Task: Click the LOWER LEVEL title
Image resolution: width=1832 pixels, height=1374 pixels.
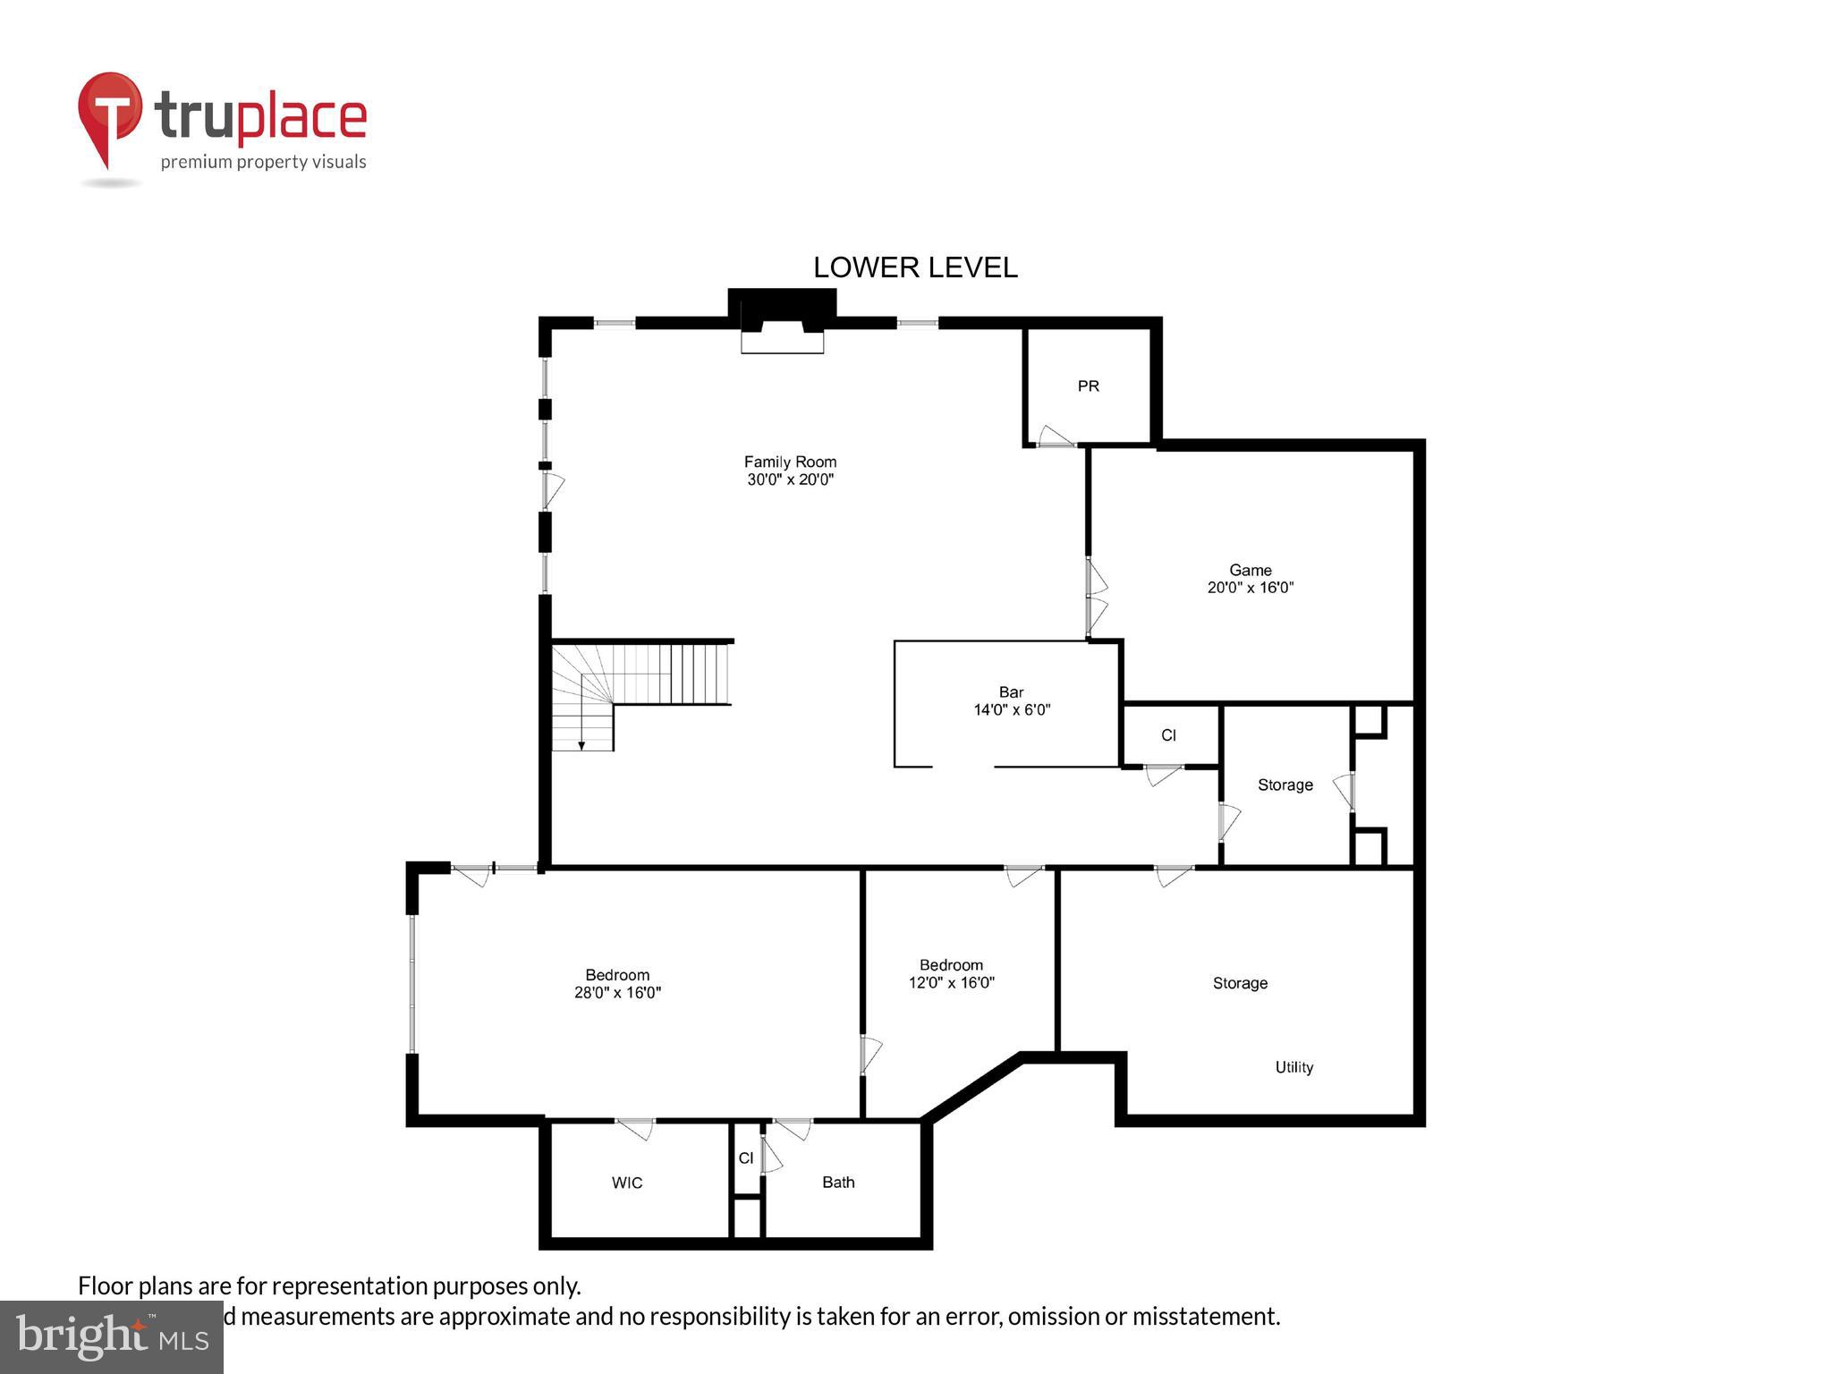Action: tap(914, 267)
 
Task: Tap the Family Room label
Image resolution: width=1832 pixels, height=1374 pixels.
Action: tap(790, 462)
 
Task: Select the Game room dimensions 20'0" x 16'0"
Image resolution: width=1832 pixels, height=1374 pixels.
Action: tap(1250, 588)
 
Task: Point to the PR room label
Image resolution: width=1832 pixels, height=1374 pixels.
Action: tap(1088, 386)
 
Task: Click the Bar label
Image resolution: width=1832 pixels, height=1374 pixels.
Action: tap(1011, 692)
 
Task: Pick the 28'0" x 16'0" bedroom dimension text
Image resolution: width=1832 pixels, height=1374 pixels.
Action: tap(617, 992)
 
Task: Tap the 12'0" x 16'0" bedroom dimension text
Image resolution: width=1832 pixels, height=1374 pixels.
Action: tap(951, 982)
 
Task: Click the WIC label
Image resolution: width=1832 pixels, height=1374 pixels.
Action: tap(626, 1183)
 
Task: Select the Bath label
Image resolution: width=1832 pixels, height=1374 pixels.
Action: tap(838, 1183)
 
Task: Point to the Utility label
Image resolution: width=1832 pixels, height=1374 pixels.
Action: tap(1293, 1067)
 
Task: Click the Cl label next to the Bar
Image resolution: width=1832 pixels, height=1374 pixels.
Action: tap(1168, 735)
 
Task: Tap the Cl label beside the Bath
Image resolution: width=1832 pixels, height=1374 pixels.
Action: tap(745, 1158)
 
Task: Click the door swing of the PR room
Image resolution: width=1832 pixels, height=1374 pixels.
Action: tap(1056, 437)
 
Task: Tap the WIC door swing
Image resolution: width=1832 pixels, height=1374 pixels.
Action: tap(636, 1129)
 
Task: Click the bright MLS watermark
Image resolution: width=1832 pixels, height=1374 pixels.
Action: tap(112, 1336)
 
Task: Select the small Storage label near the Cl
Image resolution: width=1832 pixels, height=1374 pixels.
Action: tap(1285, 785)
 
